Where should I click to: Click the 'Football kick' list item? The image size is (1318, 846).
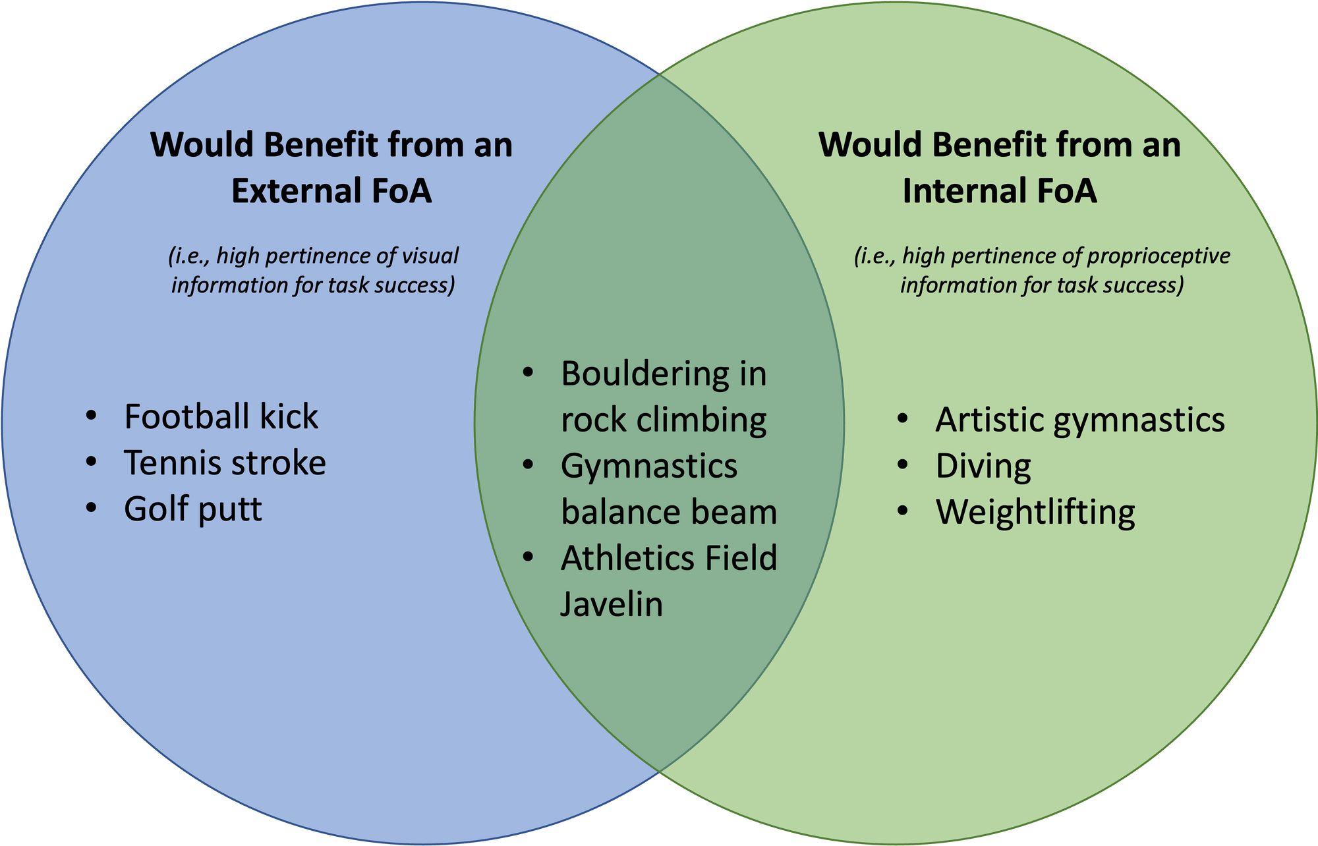click(x=221, y=417)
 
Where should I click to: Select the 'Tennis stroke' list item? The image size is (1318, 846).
click(x=225, y=463)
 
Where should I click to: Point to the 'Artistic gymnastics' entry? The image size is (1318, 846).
click(x=1080, y=420)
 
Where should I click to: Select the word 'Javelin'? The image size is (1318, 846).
click(x=612, y=604)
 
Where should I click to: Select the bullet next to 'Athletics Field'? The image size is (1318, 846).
click(x=528, y=557)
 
